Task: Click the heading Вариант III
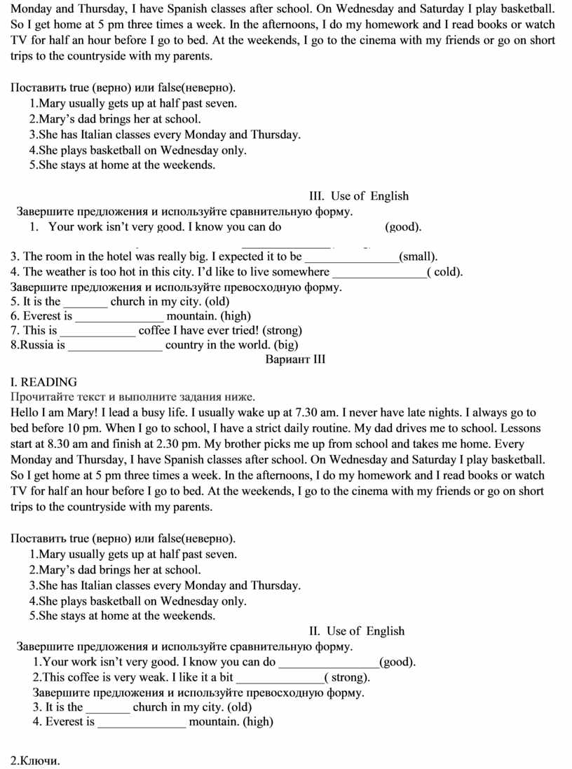[295, 360]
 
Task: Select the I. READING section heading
[44, 382]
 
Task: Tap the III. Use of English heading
[358, 196]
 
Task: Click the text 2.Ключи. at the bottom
[36, 761]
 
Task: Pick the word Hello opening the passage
[26, 412]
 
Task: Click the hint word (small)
[418, 257]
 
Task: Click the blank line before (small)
[351, 258]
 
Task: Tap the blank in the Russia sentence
[116, 346]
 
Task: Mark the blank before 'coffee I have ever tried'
[97, 332]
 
